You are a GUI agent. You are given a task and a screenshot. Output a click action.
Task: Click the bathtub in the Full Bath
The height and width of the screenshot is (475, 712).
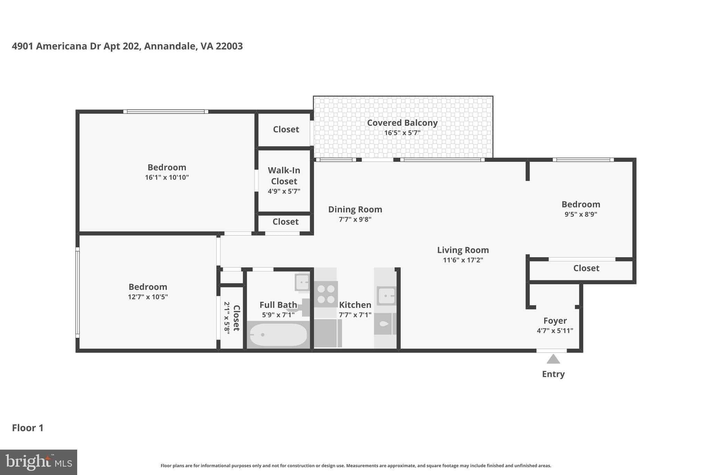coord(278,335)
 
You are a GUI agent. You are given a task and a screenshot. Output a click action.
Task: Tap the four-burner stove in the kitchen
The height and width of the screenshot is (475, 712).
coord(326,294)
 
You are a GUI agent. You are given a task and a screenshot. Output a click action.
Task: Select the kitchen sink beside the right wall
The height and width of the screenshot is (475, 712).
coord(386,296)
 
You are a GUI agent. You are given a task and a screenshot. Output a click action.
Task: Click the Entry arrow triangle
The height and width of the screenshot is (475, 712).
coord(553,359)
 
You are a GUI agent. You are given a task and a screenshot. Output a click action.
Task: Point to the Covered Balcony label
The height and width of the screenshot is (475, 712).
coord(402,123)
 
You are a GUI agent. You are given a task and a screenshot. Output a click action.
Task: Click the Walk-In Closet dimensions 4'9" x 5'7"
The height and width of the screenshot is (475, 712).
coord(284,191)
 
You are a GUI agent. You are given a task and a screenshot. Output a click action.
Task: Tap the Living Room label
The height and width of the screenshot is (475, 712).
coord(463,250)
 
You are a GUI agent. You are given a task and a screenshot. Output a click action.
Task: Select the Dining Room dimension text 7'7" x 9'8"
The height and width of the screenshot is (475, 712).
coord(355,219)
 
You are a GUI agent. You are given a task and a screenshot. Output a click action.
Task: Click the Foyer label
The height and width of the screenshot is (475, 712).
coord(555,320)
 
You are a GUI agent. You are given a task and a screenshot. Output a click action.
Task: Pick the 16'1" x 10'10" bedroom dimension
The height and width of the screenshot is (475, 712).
coord(167,177)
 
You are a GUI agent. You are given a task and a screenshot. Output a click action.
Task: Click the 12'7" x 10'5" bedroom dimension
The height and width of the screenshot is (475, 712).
coord(148,297)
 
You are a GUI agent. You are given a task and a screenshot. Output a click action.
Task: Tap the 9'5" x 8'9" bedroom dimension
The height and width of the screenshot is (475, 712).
coord(581,214)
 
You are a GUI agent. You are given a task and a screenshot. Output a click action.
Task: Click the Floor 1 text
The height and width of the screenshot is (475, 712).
coord(28,428)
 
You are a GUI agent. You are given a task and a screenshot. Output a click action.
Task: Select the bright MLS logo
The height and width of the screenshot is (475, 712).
coord(38,462)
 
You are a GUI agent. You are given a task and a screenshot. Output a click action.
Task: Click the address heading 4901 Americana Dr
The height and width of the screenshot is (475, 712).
coord(127,46)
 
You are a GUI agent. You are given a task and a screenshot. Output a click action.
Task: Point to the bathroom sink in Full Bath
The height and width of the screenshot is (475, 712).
coord(302,282)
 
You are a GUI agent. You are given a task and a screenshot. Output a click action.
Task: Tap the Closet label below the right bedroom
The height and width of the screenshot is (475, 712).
coord(586,268)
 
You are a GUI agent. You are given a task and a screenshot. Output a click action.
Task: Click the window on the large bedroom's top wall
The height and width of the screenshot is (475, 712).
coord(165,112)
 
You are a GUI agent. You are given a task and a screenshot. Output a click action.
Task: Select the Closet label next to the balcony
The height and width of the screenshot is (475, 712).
coord(286,129)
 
